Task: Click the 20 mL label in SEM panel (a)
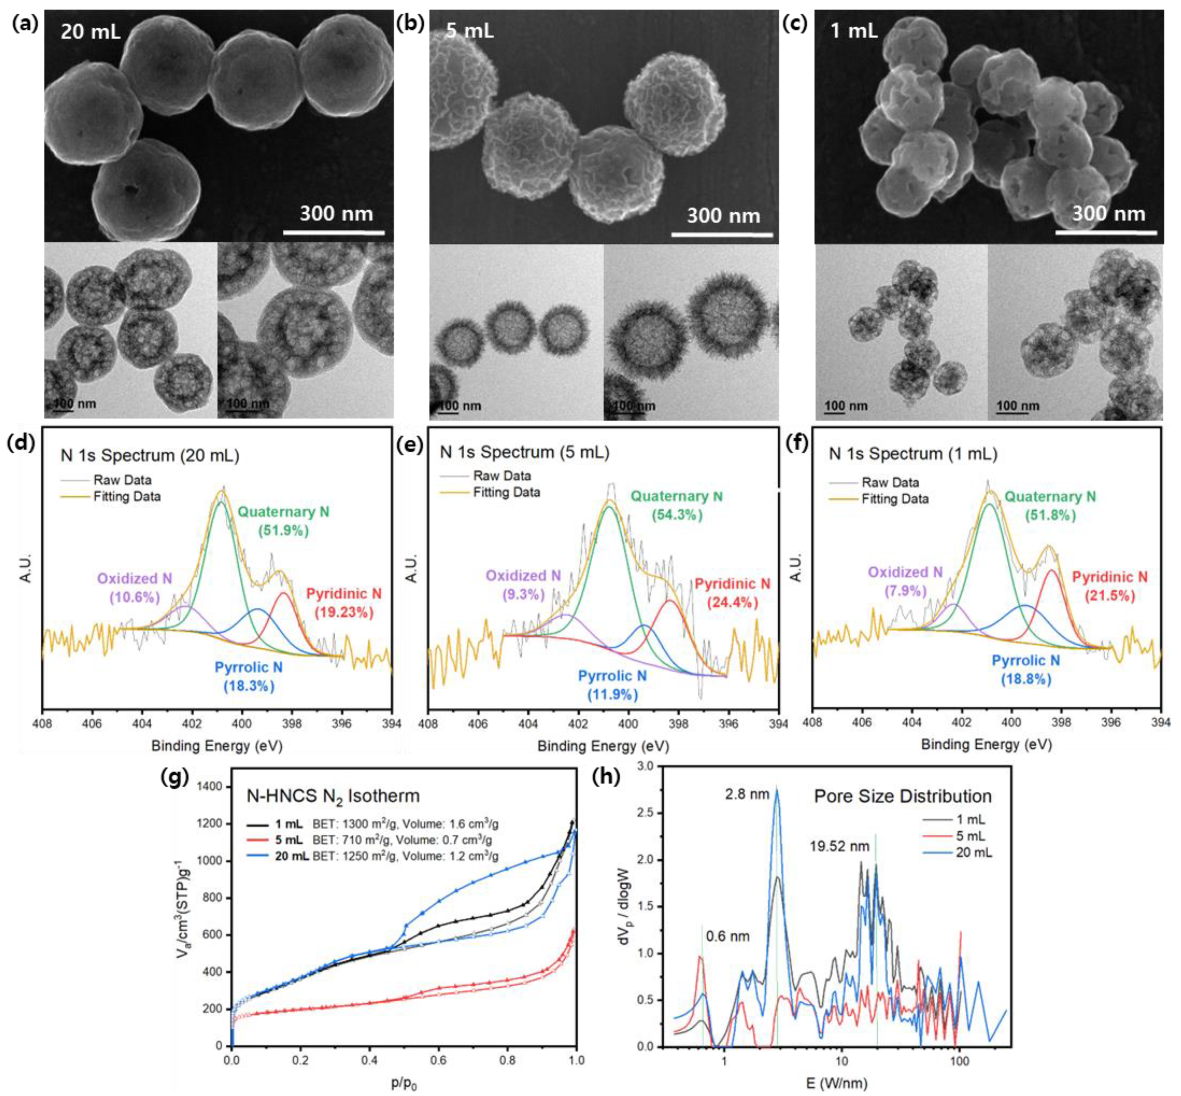(90, 31)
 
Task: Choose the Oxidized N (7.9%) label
(905, 581)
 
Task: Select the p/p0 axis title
(405, 1084)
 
